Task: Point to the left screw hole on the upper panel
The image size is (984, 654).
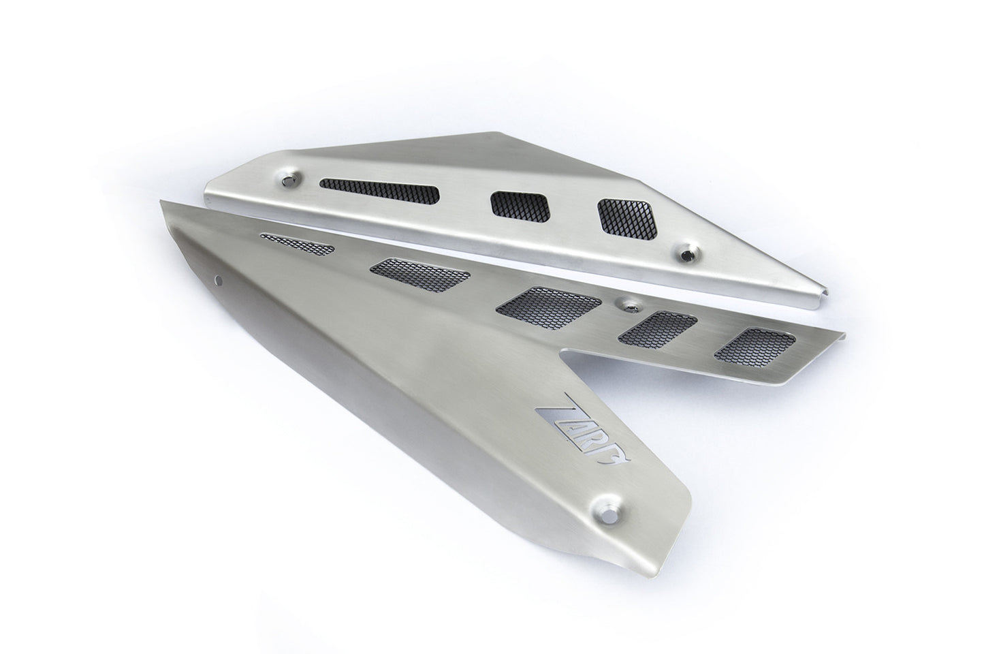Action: coord(291,178)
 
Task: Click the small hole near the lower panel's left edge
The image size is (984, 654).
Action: coord(219,277)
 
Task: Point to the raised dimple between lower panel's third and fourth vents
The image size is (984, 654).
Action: coord(623,300)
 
